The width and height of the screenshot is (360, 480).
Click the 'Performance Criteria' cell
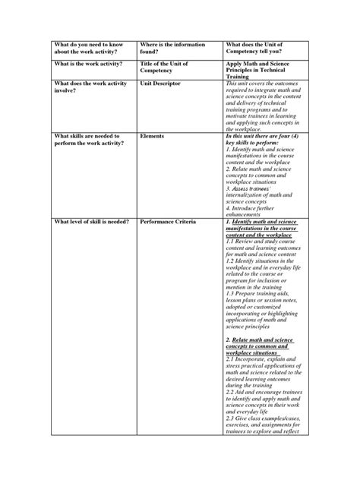click(x=170, y=221)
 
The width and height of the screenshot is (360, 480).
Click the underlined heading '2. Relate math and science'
click(x=262, y=340)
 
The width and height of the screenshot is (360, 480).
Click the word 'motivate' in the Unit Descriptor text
click(x=241, y=114)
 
